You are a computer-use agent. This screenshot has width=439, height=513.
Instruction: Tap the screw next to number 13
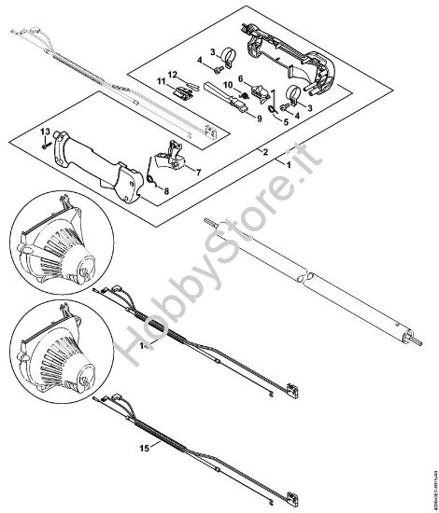pos(45,147)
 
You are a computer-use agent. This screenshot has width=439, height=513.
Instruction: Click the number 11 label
pos(160,81)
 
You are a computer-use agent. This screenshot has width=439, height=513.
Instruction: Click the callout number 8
pos(167,193)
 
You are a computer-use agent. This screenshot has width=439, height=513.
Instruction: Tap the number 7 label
pos(197,172)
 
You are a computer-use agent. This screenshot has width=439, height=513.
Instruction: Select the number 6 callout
pos(240,78)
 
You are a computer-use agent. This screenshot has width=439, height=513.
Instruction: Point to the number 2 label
pos(267,152)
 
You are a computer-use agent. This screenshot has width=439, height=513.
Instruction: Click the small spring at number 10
pos(244,90)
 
